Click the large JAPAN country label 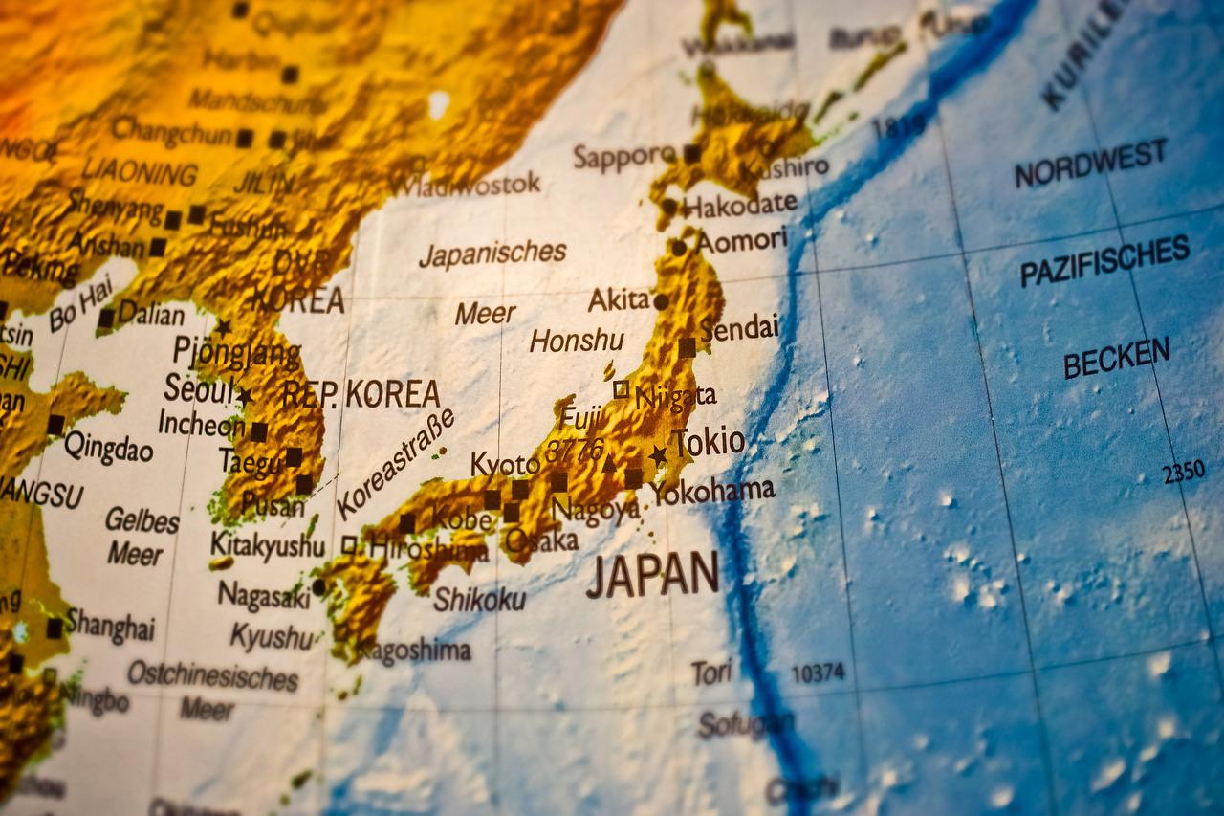652,575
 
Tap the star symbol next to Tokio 658,455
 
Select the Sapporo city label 624,156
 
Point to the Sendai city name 739,328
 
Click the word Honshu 577,341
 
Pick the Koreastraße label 395,465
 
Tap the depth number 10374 818,673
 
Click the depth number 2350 1183,472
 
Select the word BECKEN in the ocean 1116,358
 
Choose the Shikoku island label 479,599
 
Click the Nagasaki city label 264,595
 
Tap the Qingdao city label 108,446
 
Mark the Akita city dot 661,301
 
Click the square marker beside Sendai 687,347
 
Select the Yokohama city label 712,491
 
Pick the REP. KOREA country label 361,393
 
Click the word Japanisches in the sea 492,254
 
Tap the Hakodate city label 740,204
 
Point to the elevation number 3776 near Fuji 575,449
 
